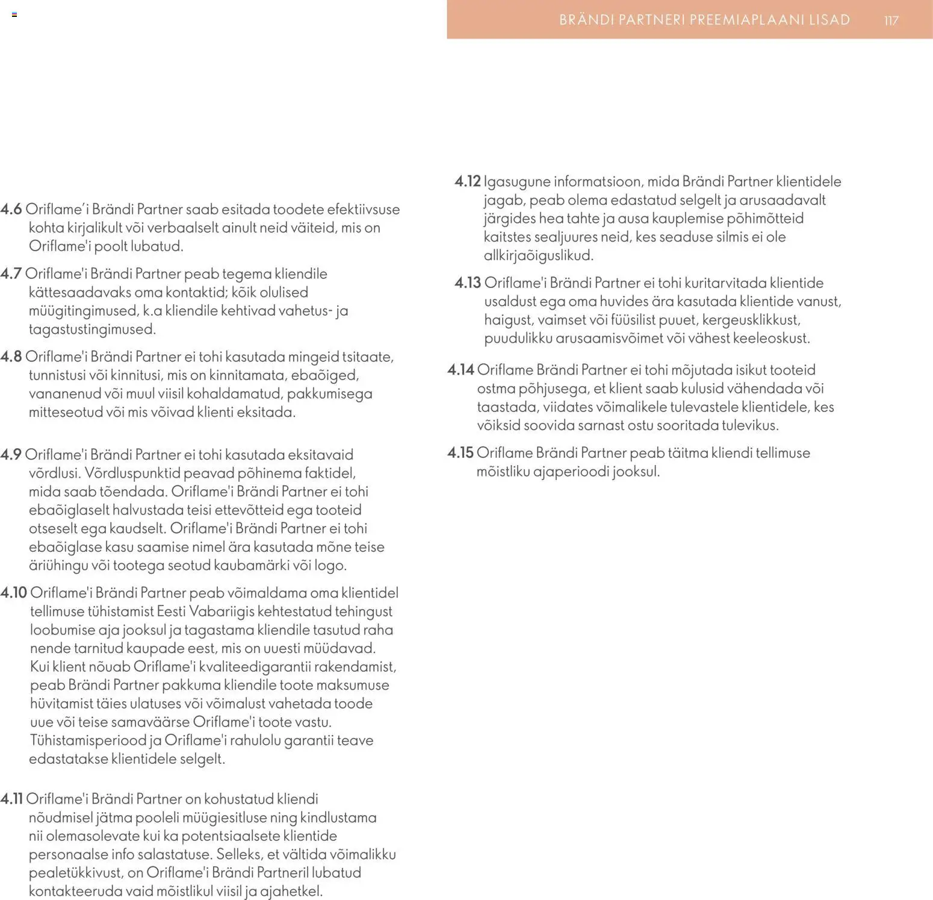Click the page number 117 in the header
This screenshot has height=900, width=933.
891,20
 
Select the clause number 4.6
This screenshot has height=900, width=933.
11,210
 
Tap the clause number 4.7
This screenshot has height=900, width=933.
11,274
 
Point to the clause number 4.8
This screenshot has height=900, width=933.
11,357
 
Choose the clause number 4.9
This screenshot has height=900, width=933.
11,455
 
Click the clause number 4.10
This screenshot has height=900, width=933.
13,593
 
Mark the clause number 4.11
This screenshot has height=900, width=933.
11,799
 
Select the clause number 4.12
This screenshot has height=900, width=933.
468,181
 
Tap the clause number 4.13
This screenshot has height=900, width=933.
468,283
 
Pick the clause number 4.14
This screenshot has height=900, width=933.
460,370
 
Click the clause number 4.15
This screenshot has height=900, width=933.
460,453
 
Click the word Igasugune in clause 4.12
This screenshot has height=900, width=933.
516,182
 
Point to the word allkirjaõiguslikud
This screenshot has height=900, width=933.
538,255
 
